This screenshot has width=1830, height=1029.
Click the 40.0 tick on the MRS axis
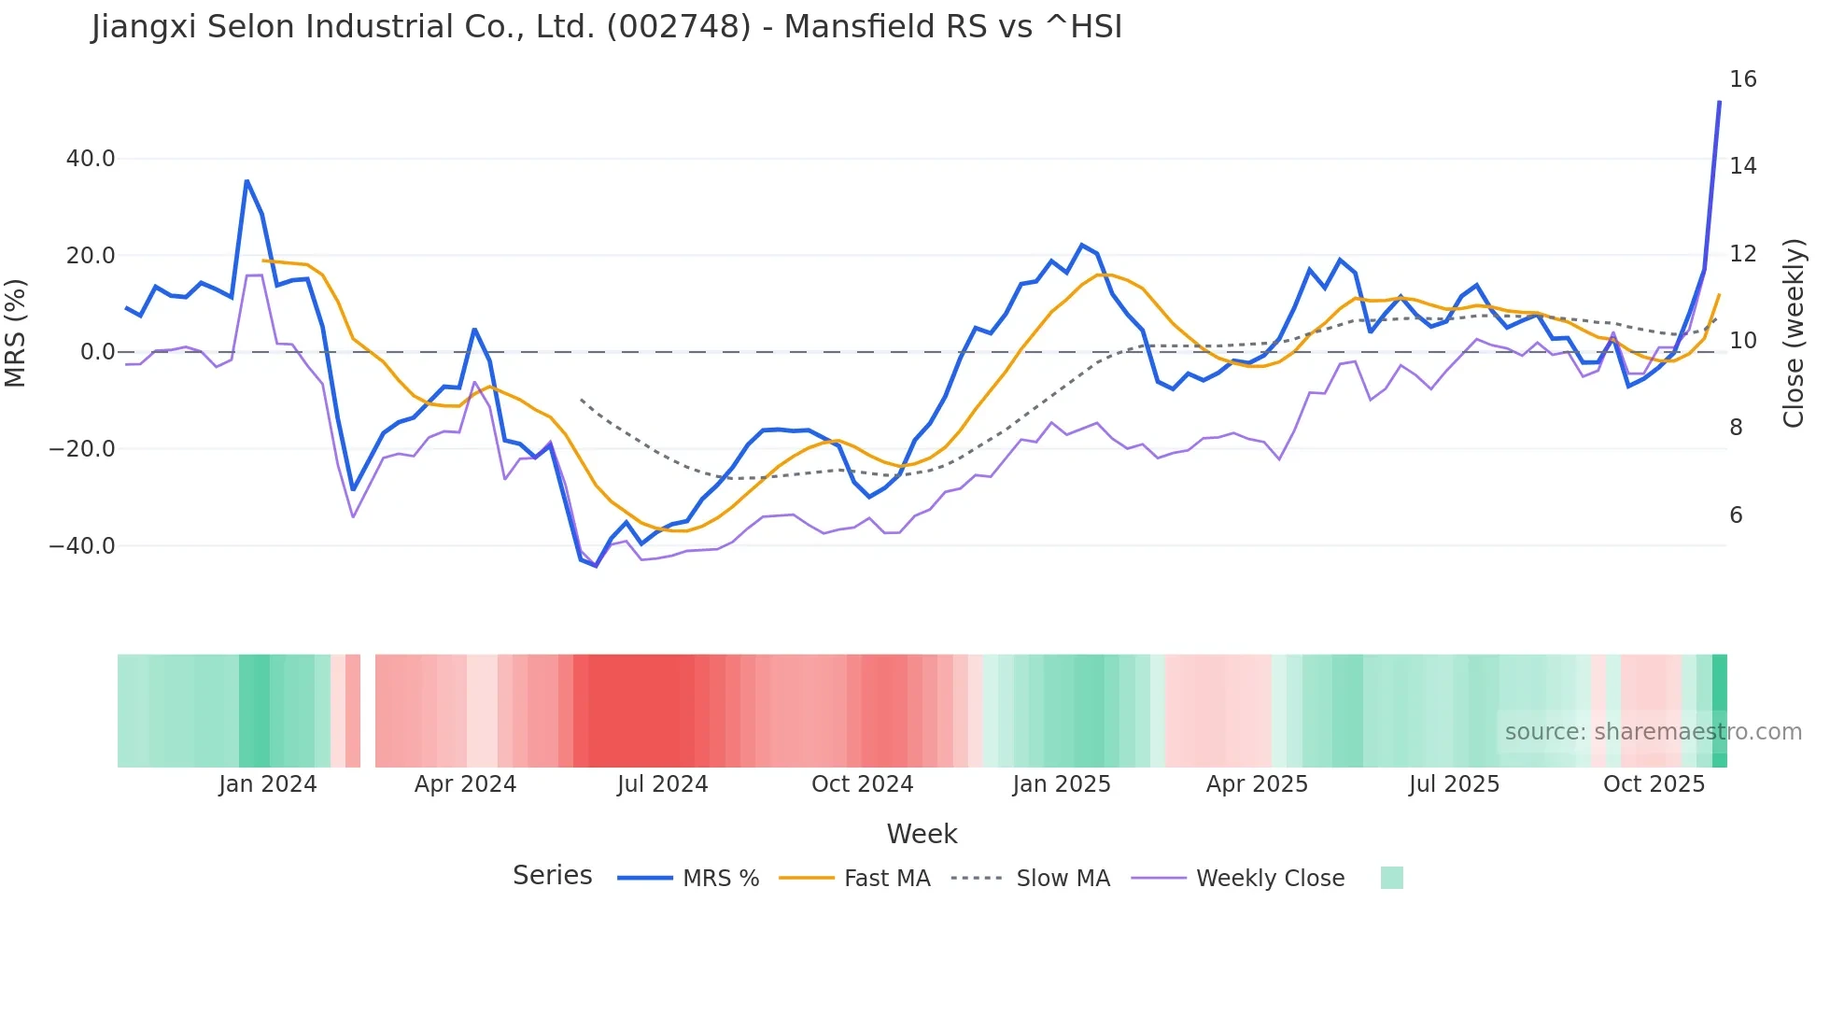click(91, 159)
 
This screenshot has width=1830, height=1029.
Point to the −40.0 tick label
click(82, 546)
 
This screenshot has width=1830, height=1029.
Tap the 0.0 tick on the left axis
click(97, 352)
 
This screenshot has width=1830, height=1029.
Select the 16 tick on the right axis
click(1742, 79)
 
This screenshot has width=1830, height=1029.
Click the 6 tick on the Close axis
click(1736, 515)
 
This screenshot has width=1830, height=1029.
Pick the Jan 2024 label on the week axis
click(268, 784)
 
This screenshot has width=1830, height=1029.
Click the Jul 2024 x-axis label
click(662, 784)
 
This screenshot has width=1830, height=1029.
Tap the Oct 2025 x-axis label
click(1654, 784)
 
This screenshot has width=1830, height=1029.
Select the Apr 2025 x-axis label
click(1257, 784)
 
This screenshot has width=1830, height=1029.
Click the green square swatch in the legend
click(1391, 878)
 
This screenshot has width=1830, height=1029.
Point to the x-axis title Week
click(922, 834)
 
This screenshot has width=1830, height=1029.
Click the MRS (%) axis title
click(16, 332)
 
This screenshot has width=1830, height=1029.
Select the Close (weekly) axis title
click(1794, 332)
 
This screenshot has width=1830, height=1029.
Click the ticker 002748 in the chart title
click(679, 27)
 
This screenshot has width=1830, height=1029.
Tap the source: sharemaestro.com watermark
click(1653, 732)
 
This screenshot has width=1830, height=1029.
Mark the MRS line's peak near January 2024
click(246, 181)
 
